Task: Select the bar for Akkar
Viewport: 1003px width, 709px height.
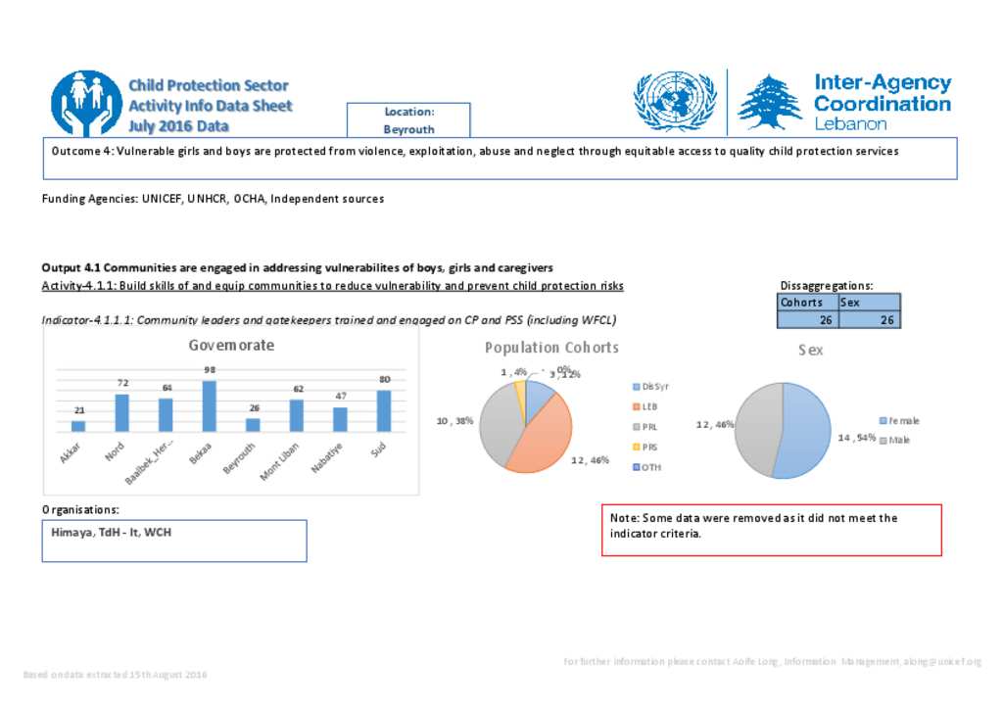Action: [x=78, y=426]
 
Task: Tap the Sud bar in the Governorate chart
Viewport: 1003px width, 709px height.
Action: [x=384, y=410]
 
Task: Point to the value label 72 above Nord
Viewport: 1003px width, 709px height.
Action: [x=122, y=382]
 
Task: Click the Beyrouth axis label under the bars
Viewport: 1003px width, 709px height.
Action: [x=239, y=456]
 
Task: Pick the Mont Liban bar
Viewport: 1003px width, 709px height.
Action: [x=297, y=415]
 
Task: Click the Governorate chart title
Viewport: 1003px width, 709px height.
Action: [x=231, y=346]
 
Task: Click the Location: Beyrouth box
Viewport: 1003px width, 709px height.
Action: [x=408, y=120]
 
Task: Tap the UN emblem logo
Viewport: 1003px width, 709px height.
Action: [x=675, y=102]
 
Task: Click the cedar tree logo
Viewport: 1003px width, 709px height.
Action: [x=769, y=103]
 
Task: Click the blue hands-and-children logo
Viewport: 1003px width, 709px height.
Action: [x=86, y=103]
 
